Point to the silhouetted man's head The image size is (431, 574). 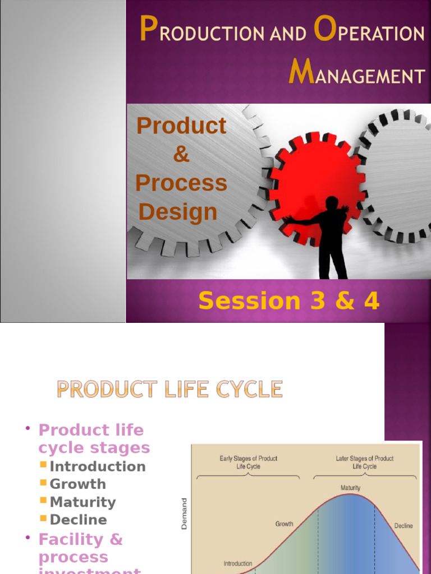[332, 202]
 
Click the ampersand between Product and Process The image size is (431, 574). [181, 154]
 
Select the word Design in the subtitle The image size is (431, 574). [178, 212]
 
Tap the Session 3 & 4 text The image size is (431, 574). [289, 301]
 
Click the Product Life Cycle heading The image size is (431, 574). [169, 389]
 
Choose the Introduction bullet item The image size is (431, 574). [97, 466]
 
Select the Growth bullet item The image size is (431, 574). [77, 484]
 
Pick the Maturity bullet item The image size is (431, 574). [82, 502]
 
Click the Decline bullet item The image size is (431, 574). [78, 520]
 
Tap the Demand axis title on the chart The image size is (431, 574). [184, 515]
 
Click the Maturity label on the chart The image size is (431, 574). [350, 488]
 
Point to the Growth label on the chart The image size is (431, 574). [284, 524]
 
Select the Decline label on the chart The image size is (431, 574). [403, 526]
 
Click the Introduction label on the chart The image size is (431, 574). [238, 563]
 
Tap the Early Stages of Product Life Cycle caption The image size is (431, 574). [248, 462]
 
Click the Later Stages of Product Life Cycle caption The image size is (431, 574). [365, 462]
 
